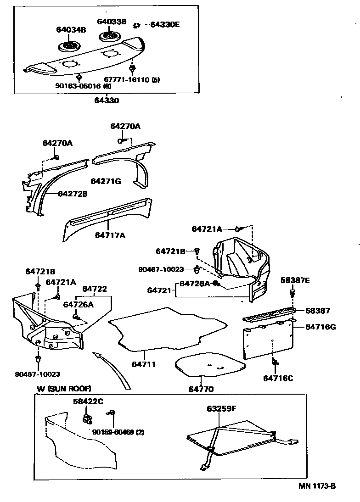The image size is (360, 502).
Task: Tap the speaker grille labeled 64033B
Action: tap(110, 36)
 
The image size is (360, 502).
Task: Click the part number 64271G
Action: tap(106, 181)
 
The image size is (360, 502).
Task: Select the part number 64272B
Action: tap(73, 194)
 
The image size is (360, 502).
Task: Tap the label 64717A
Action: tap(110, 235)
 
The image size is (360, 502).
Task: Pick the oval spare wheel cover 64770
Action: tap(210, 366)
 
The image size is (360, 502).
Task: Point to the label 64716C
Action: tap(278, 378)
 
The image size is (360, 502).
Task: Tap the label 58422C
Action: tap(88, 402)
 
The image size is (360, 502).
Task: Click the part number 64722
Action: tap(95, 289)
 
